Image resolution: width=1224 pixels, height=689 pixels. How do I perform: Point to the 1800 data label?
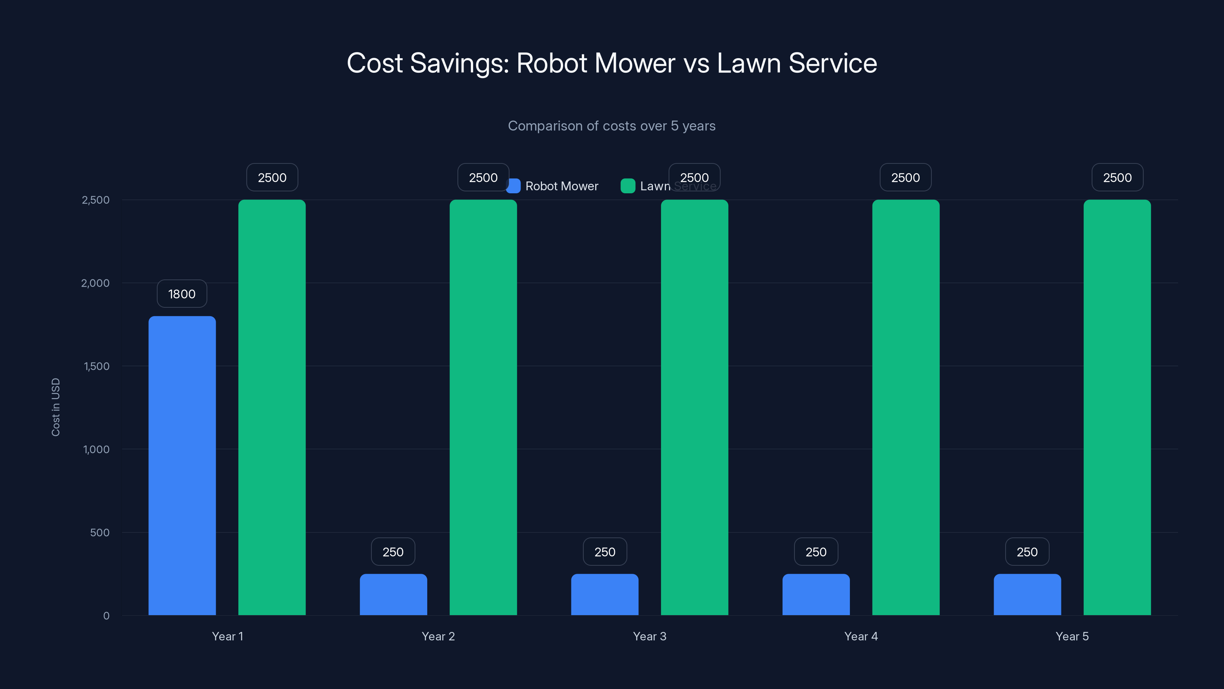182,294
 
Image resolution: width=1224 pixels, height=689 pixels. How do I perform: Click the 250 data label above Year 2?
393,552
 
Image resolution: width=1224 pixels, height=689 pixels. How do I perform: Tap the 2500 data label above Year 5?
1117,177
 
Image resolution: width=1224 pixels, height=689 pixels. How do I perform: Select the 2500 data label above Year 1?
272,177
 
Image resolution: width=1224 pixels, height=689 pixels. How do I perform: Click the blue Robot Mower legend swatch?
514,186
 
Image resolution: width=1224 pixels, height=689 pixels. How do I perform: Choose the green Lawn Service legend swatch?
628,186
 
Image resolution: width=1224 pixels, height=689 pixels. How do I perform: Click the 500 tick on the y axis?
100,532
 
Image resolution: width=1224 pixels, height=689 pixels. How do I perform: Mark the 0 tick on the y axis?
106,616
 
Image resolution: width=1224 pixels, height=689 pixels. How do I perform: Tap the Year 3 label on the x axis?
649,636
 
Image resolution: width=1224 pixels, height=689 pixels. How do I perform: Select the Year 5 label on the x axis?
1072,636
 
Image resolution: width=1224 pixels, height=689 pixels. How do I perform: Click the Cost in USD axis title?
55,407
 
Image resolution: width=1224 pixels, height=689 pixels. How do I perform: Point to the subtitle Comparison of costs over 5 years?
612,126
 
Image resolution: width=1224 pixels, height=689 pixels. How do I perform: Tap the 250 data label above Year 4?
816,552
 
